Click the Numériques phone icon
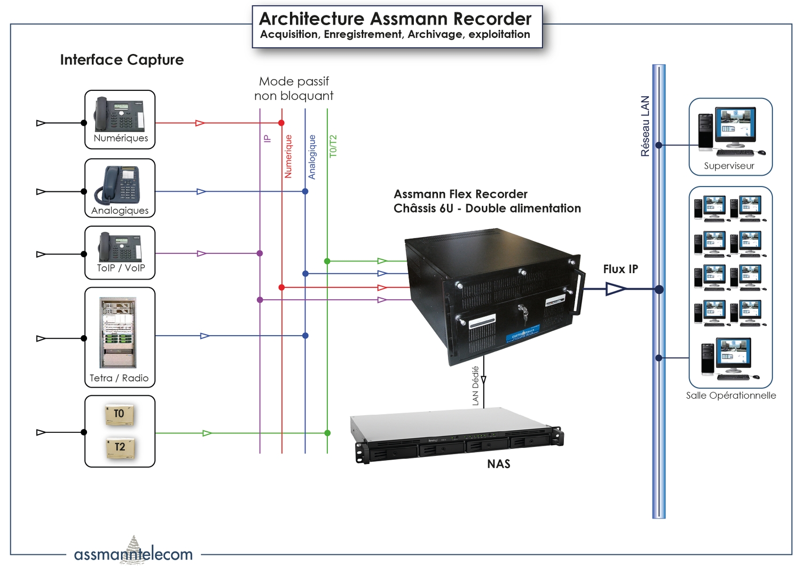[120, 113]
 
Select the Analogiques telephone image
[119, 184]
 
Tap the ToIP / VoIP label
[121, 268]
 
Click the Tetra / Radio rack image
[118, 332]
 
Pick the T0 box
[119, 414]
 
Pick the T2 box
[120, 447]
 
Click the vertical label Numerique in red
[288, 156]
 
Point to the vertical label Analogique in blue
[312, 157]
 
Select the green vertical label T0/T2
[333, 146]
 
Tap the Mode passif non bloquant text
[294, 89]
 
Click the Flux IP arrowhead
[616, 289]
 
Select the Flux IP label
[621, 269]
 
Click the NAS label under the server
[498, 464]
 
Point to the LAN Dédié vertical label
[475, 385]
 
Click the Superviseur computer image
[730, 131]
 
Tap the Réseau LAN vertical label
[645, 126]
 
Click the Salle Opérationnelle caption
[731, 396]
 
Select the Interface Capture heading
[122, 60]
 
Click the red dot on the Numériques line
[281, 123]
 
